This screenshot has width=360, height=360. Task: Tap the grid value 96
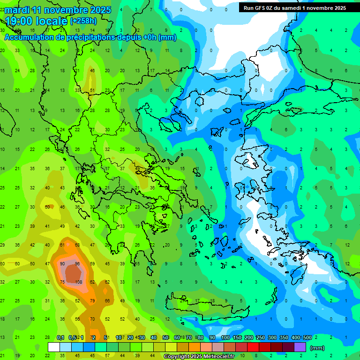point(77,264)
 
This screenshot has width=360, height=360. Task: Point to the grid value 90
point(62,264)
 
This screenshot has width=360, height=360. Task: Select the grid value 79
point(92,300)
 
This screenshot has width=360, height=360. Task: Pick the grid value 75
point(62,282)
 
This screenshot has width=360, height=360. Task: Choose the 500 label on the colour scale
point(307,338)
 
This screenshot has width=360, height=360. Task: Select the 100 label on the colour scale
point(225,338)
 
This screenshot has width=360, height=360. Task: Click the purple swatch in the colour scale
point(300,347)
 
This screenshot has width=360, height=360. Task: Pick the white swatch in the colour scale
point(54,347)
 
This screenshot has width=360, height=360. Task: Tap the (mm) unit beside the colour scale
point(317,348)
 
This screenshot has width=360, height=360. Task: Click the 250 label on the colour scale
point(260,338)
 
